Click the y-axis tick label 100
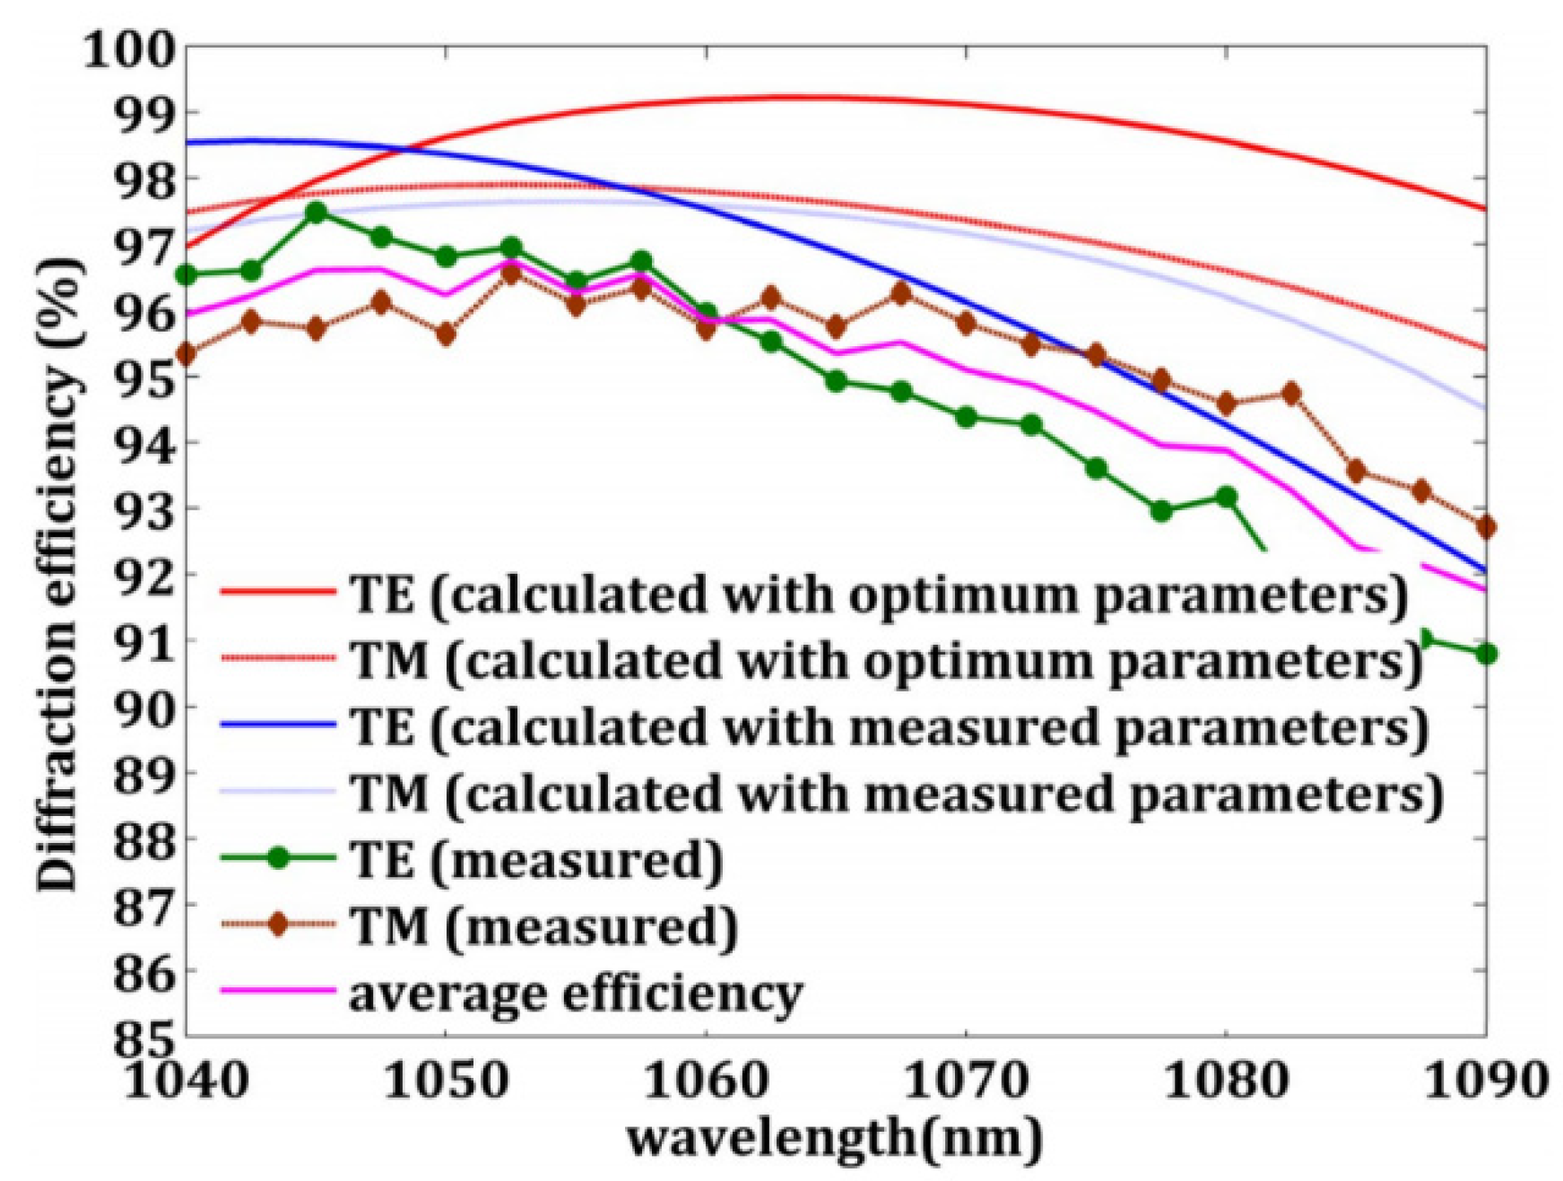pos(130,50)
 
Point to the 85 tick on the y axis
pos(143,1037)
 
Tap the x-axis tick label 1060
pos(706,1081)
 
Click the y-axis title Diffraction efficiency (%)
pos(57,574)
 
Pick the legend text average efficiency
pos(576,993)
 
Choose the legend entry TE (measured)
pos(536,859)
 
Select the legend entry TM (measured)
pos(543,925)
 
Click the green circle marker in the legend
pos(278,858)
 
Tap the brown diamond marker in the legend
pos(278,925)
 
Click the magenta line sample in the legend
pos(278,991)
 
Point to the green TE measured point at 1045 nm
pos(316,213)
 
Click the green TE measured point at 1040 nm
pos(187,274)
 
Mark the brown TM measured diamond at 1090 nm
pos(1486,527)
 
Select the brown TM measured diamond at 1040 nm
pos(187,354)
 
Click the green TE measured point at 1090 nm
pos(1486,654)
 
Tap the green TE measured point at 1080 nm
pos(1226,496)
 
